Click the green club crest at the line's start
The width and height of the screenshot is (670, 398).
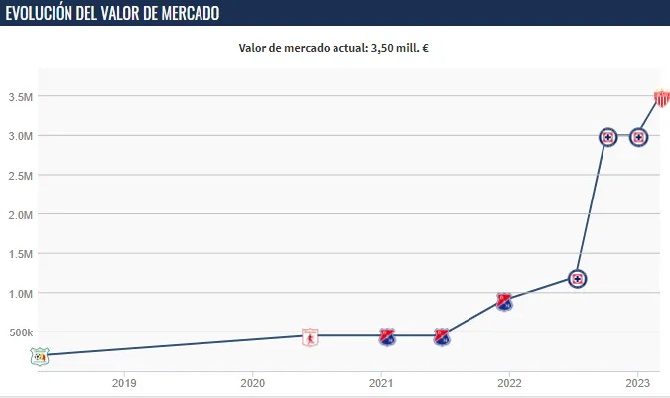tap(39, 356)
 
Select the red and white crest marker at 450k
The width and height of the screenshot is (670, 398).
tap(310, 336)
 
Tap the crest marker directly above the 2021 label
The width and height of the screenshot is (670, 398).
tap(388, 336)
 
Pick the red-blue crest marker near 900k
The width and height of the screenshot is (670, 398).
tap(504, 301)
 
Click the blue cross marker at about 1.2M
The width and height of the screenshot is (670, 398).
tap(576, 279)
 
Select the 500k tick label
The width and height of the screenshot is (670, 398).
tap(22, 332)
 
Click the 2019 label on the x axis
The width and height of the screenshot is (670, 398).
tap(124, 382)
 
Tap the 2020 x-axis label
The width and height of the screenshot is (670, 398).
tap(253, 382)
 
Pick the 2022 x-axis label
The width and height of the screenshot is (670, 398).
tap(509, 382)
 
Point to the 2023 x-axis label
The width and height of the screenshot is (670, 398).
tap(638, 382)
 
